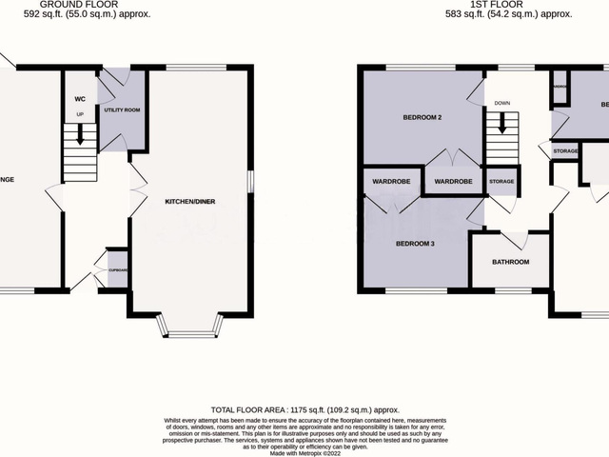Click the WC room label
click(80, 99)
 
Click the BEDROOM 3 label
click(414, 244)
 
